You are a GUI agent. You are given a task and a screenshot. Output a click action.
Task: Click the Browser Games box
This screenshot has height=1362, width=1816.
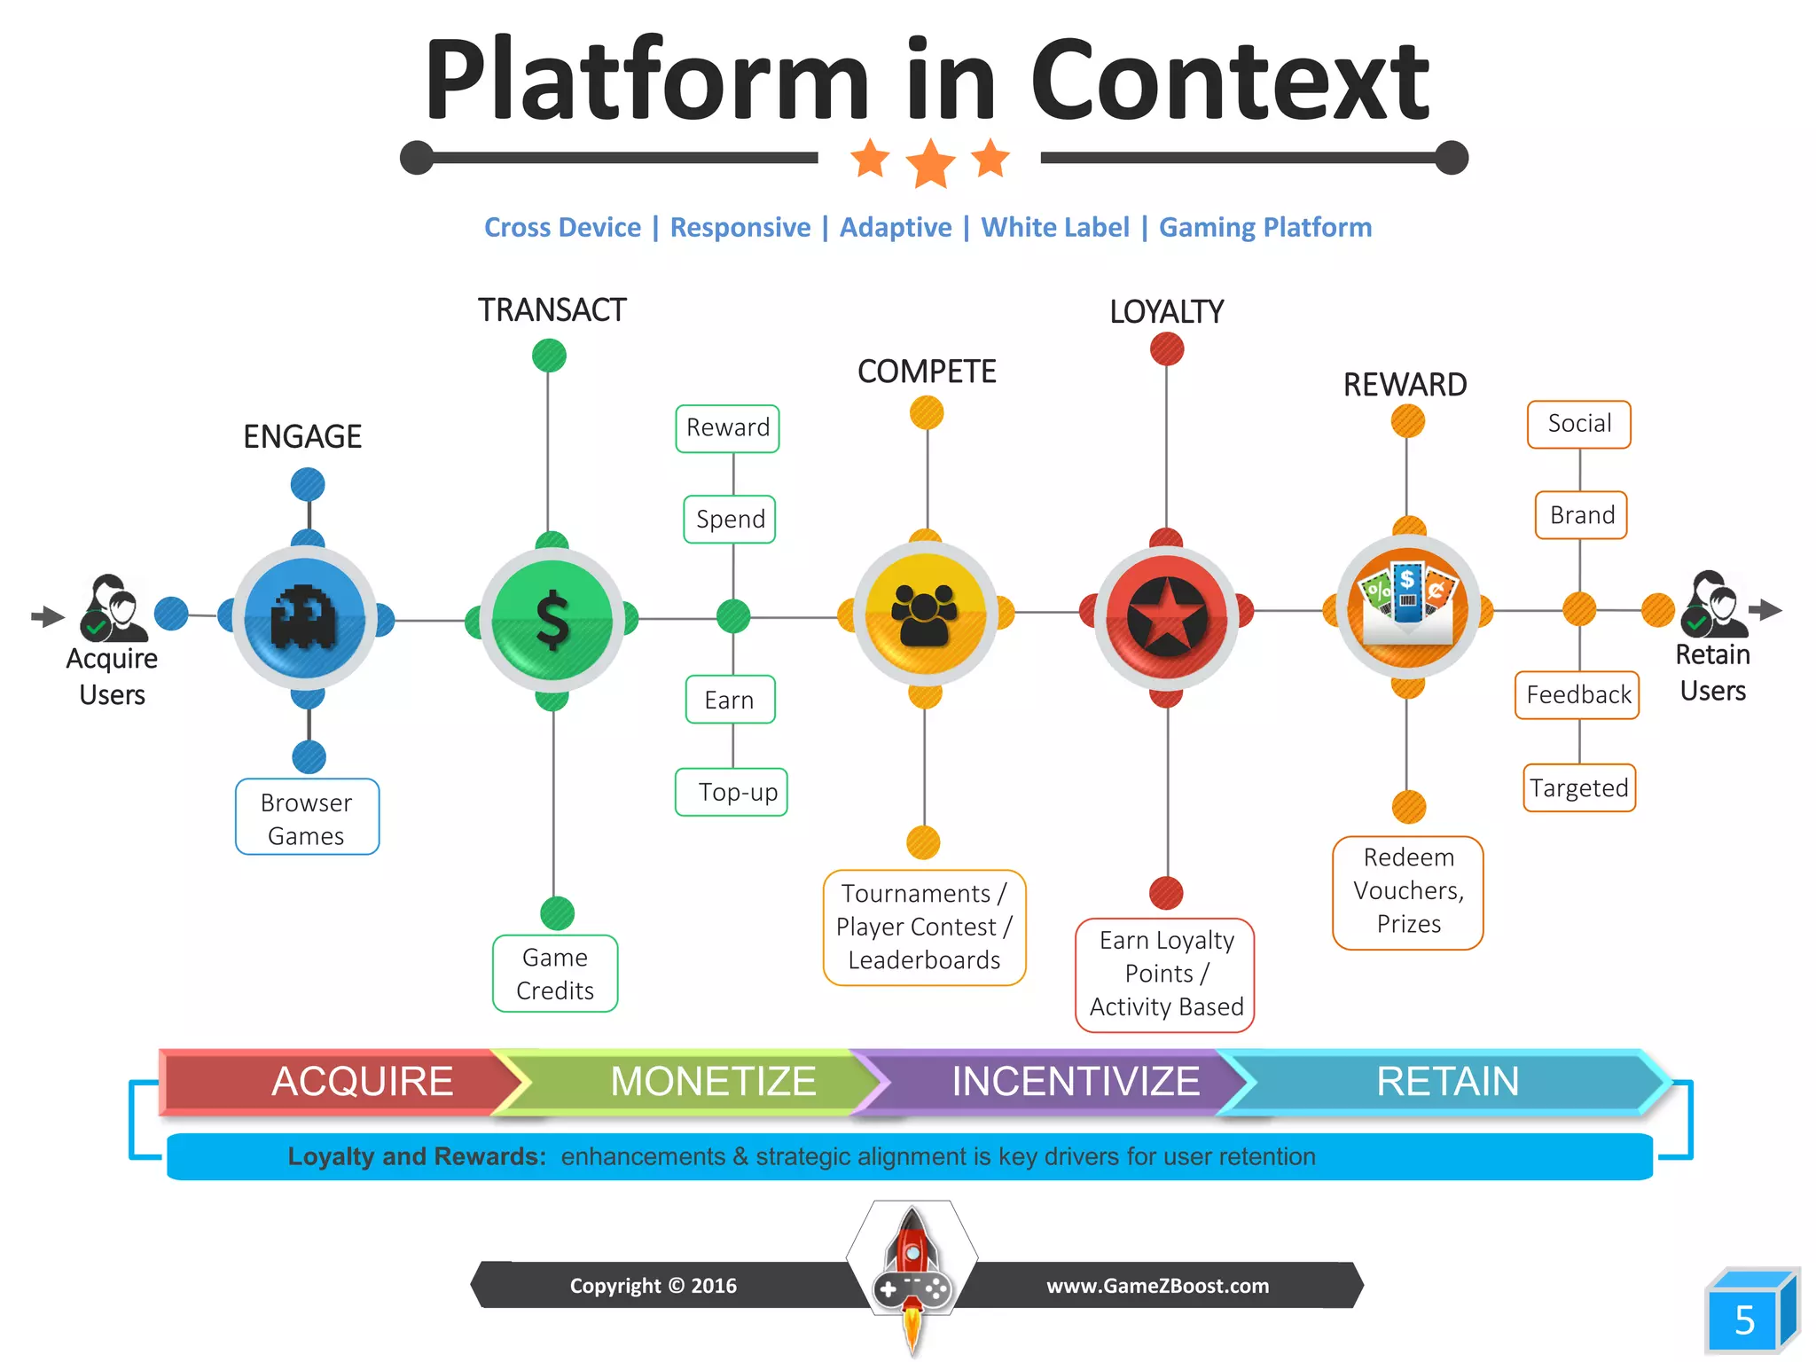(x=307, y=818)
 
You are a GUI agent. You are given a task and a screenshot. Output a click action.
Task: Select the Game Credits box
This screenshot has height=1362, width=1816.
(x=555, y=974)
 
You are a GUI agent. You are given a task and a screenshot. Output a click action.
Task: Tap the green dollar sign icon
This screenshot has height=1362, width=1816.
(x=552, y=620)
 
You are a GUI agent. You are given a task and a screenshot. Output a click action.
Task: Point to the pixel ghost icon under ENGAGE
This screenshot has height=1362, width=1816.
(x=304, y=618)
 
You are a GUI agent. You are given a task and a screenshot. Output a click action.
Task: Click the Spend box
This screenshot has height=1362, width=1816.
(x=730, y=519)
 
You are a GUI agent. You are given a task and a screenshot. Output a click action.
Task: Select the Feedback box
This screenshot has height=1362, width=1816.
(x=1577, y=695)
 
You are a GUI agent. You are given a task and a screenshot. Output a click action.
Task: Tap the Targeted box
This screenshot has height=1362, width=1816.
(x=1579, y=787)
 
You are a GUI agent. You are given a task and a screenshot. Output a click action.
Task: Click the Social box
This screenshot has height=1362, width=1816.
(x=1579, y=424)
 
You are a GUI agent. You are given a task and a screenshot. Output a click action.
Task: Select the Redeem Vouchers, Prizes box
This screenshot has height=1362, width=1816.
(x=1408, y=892)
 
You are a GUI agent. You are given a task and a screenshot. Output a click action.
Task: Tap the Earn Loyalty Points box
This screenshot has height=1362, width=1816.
(x=1165, y=975)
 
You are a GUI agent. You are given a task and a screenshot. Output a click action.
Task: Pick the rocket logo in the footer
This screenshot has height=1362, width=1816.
(x=912, y=1272)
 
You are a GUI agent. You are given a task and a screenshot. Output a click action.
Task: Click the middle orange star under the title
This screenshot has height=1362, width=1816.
(x=930, y=163)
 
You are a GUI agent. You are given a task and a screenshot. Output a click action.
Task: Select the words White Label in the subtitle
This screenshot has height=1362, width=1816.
(x=1055, y=228)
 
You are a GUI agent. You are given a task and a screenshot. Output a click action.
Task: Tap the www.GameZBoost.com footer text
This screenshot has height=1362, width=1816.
(x=1157, y=1286)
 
